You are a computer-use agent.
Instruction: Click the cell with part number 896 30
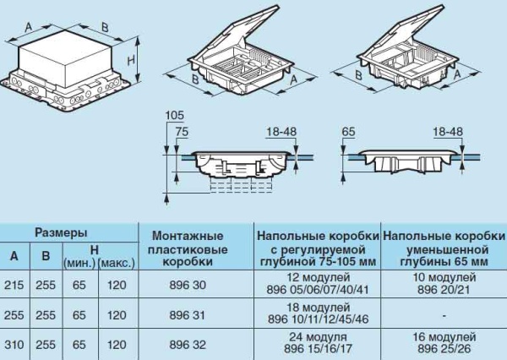tap(188, 285)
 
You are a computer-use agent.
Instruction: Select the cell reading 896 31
tap(188, 315)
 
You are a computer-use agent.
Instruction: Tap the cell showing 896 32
tap(188, 345)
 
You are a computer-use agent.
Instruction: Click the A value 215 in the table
tap(14, 285)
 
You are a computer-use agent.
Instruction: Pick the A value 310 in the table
tap(14, 345)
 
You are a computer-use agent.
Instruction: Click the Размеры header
tap(61, 232)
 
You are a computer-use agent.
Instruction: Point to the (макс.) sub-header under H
tap(117, 264)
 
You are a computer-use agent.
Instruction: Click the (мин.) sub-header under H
tap(79, 264)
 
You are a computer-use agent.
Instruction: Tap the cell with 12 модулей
tap(319, 277)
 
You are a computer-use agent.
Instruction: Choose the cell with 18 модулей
tap(319, 308)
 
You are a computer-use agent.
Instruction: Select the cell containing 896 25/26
tap(444, 349)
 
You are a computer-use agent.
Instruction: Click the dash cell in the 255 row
tap(444, 315)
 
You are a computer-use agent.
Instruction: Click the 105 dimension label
tap(174, 115)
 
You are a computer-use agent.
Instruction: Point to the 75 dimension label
tap(182, 132)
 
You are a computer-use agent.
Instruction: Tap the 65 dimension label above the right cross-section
tap(348, 132)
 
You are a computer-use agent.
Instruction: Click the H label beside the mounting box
tap(131, 61)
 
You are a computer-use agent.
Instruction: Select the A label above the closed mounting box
tap(29, 27)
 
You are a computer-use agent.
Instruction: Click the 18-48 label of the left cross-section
tap(281, 132)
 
